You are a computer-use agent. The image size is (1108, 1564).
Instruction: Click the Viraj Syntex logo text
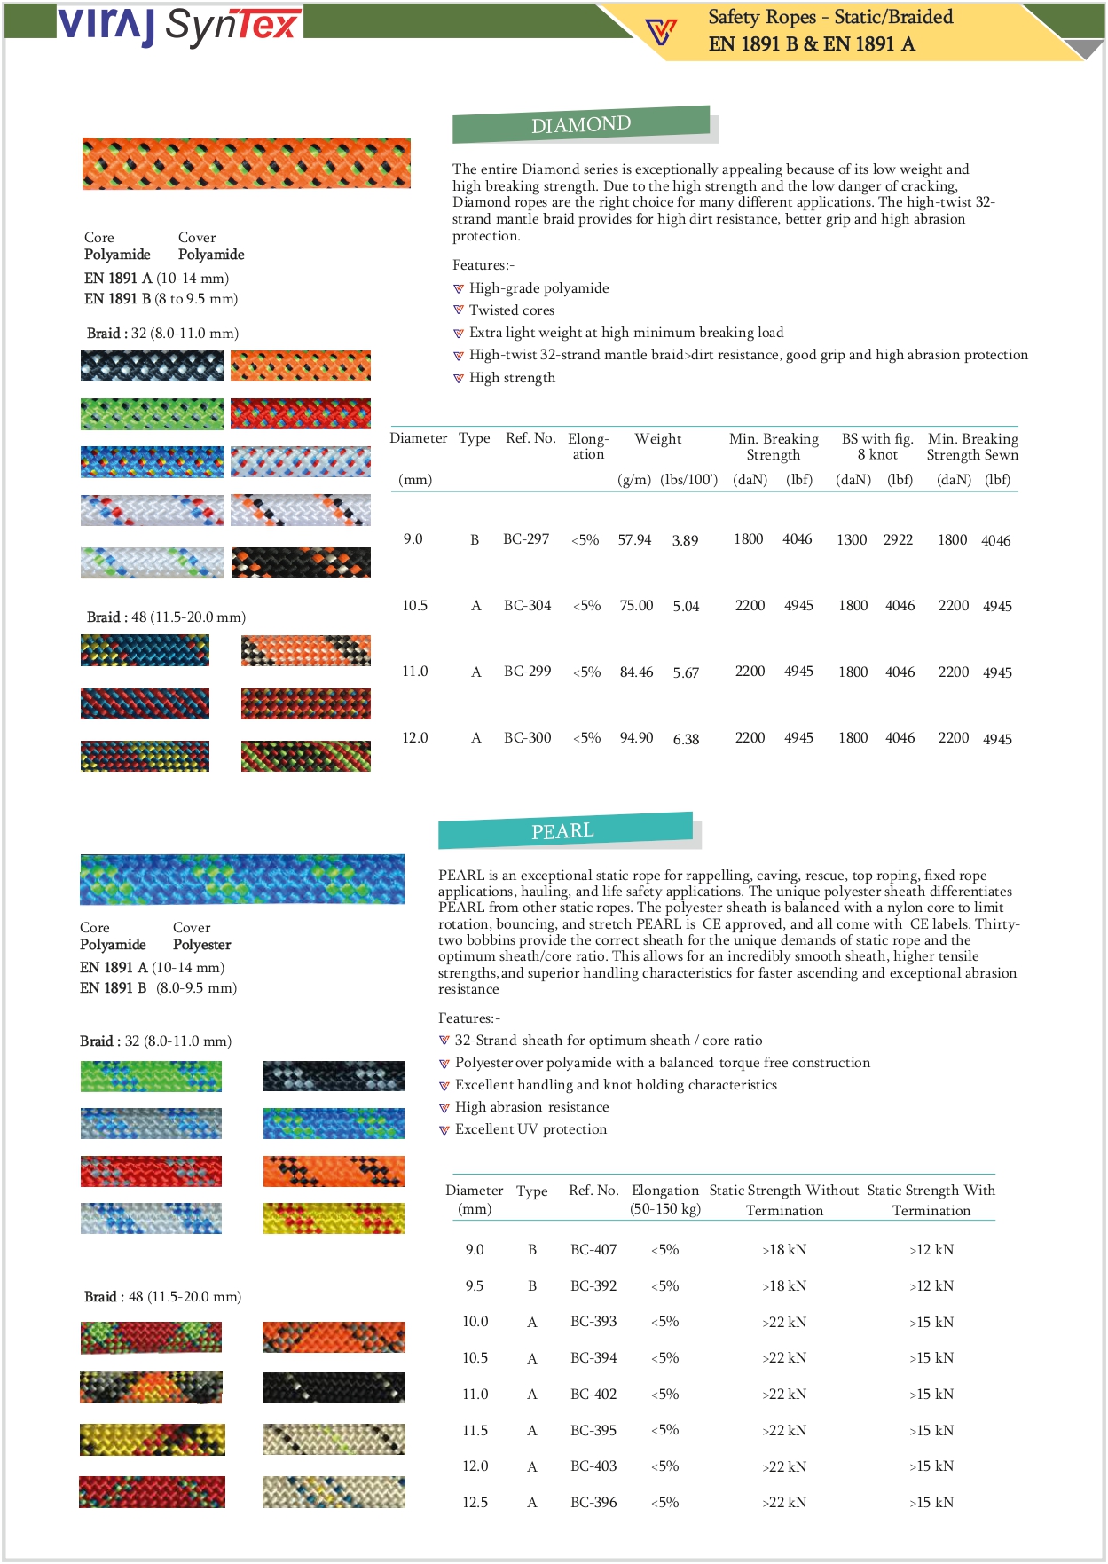pyautogui.click(x=179, y=25)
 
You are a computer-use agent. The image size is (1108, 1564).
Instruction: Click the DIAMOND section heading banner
pyautogui.click(x=581, y=124)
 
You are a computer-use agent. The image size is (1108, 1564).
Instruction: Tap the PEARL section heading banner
pyautogui.click(x=564, y=831)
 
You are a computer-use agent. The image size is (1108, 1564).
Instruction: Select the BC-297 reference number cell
pyautogui.click(x=526, y=539)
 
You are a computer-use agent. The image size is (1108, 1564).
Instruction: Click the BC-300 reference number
pyautogui.click(x=528, y=738)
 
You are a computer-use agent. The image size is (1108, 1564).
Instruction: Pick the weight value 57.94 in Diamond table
pyautogui.click(x=634, y=540)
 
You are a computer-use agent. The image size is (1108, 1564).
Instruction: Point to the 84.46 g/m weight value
pyautogui.click(x=636, y=672)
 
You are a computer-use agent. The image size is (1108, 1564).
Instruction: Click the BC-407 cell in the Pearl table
pyautogui.click(x=593, y=1250)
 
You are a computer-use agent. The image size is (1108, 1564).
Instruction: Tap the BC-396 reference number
pyautogui.click(x=593, y=1503)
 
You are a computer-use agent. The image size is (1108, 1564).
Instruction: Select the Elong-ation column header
pyautogui.click(x=588, y=446)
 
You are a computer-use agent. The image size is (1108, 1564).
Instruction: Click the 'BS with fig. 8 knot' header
pyautogui.click(x=877, y=446)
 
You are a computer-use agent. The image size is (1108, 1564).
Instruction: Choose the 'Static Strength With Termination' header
pyautogui.click(x=931, y=1199)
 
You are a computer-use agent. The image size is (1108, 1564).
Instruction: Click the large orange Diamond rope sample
pyautogui.click(x=247, y=163)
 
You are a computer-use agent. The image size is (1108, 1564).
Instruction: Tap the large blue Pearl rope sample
pyautogui.click(x=242, y=879)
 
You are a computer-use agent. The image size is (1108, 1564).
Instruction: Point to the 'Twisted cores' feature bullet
pyautogui.click(x=512, y=310)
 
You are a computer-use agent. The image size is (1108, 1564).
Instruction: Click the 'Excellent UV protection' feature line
pyautogui.click(x=530, y=1129)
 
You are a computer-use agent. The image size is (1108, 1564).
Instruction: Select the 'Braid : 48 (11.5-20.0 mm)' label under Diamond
pyautogui.click(x=166, y=617)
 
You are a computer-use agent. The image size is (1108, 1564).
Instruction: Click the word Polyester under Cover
pyautogui.click(x=201, y=945)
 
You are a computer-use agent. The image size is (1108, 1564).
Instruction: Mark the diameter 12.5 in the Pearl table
pyautogui.click(x=475, y=1503)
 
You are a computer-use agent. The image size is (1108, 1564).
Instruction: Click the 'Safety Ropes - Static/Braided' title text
pyautogui.click(x=830, y=17)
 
